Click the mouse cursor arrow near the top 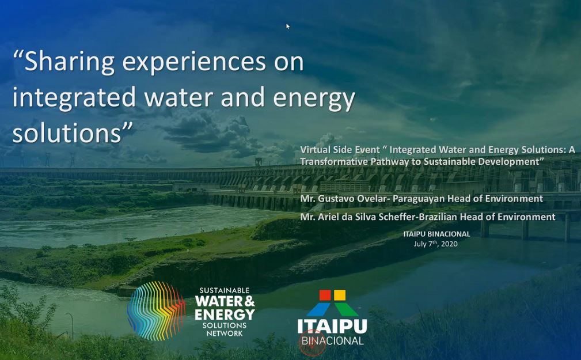pos(287,26)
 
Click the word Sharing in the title pos(69,62)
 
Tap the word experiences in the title pos(194,62)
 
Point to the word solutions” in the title pos(73,132)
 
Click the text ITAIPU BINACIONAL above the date pos(436,234)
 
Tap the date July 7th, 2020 pos(436,244)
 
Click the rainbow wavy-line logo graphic pos(156,310)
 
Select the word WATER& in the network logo pos(225,301)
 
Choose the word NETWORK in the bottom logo pos(225,334)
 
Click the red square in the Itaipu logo pos(325,295)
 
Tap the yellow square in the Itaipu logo pos(339,295)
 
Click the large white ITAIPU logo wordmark pos(332,326)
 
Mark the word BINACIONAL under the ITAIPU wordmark pos(332,341)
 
